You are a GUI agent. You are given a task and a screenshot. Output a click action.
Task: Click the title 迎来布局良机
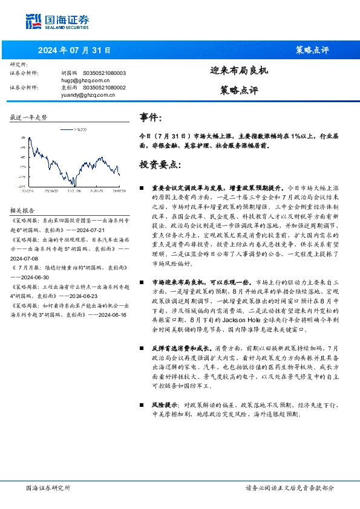tap(239, 70)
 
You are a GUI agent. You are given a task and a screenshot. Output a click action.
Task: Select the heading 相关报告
tap(22, 210)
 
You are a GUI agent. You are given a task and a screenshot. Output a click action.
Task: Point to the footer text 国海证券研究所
tap(48, 487)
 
